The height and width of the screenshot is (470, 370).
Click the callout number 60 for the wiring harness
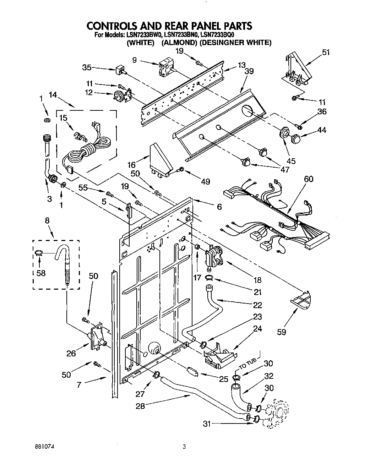point(309,179)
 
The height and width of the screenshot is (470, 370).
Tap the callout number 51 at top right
point(325,53)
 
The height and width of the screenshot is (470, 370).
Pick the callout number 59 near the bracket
point(281,332)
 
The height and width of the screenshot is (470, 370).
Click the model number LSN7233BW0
point(143,35)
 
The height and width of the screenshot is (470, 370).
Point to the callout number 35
point(87,67)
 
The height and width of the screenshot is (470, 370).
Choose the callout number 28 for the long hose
point(140,406)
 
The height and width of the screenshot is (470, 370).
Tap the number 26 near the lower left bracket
point(71,353)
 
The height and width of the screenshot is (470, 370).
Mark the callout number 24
point(257,328)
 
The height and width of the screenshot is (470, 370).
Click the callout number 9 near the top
point(134,60)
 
